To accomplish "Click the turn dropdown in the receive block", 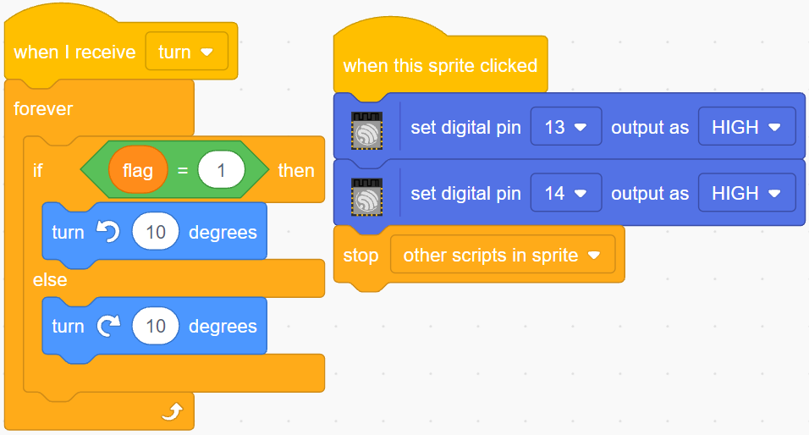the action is [187, 52].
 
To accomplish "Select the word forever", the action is [43, 109].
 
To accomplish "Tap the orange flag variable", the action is [138, 170].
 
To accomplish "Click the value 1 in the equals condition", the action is [222, 170].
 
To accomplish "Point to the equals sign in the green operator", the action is [183, 170].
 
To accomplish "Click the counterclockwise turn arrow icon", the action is [108, 232].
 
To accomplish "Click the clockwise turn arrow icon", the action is [108, 326].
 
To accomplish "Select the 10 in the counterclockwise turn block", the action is [156, 232].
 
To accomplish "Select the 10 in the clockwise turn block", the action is [156, 326].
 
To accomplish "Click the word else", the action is [50, 279].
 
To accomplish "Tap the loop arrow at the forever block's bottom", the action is [173, 411].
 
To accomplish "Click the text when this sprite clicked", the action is [440, 65].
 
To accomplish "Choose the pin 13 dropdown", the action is [566, 126].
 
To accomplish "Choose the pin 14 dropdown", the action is [566, 193].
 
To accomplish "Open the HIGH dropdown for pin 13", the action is [746, 126].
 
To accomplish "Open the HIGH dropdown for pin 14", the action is [746, 193].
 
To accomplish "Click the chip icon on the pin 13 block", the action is [366, 130].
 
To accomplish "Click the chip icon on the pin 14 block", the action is [366, 196].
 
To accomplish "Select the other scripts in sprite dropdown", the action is [503, 255].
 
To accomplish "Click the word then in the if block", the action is [296, 170].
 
